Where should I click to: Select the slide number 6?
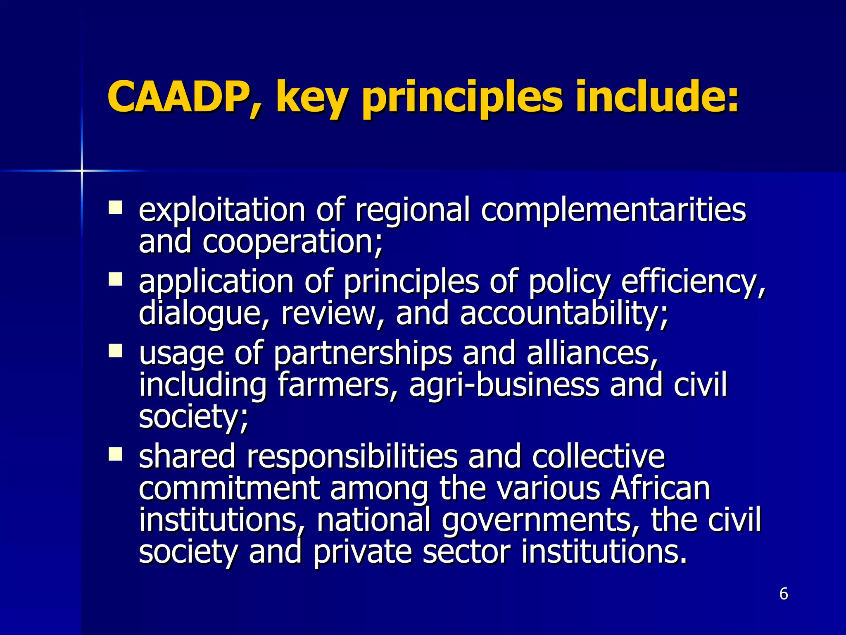pos(784,594)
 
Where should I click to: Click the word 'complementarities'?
pos(613,210)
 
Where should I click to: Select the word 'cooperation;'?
pos(292,242)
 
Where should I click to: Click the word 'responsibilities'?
pos(352,457)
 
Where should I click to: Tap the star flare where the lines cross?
pos(82,170)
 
